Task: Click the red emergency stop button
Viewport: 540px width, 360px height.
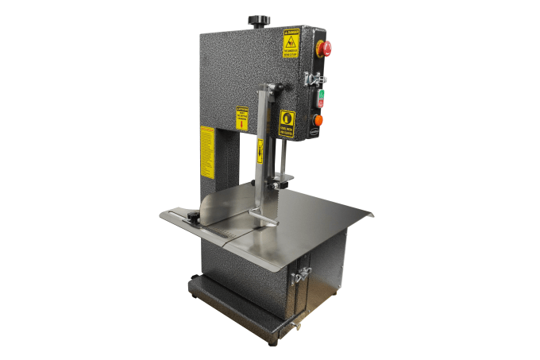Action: (x=324, y=48)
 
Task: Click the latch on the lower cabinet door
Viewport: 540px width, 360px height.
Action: (x=301, y=277)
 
